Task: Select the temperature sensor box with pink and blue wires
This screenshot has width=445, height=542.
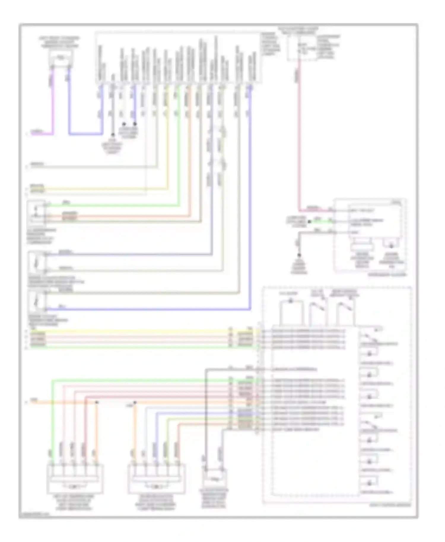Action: coord(61,58)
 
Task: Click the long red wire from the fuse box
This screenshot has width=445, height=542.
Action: coord(299,133)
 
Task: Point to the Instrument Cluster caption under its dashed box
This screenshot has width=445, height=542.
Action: coord(387,275)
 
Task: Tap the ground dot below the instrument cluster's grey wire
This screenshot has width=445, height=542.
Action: coord(299,255)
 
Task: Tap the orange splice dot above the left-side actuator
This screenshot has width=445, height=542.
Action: coord(97,402)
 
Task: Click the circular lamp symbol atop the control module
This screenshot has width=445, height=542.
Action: coord(291,301)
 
